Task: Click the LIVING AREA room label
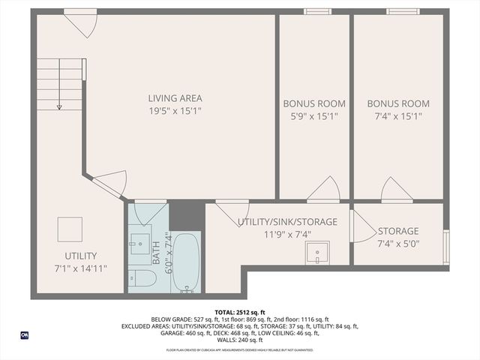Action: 175,98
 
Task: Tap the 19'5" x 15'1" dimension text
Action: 175,111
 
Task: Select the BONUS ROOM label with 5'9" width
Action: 313,103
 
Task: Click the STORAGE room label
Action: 397,231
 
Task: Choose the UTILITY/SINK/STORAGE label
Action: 287,222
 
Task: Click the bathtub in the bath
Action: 185,262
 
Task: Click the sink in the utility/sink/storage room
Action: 317,256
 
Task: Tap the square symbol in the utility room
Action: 70,229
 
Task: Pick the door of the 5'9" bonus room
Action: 325,190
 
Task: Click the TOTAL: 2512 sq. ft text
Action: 239,311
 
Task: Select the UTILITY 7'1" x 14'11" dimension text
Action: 76,268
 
